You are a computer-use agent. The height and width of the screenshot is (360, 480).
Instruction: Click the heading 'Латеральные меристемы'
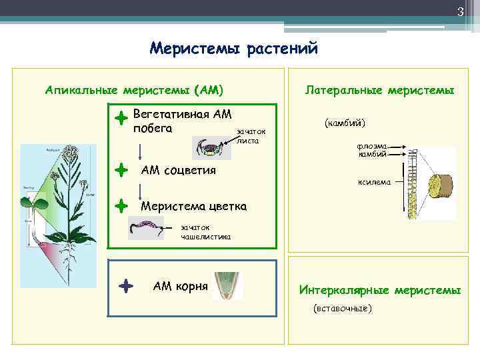(379, 89)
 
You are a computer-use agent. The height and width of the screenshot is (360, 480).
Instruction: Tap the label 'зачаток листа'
(251, 136)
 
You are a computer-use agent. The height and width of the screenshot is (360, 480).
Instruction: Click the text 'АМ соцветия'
(178, 170)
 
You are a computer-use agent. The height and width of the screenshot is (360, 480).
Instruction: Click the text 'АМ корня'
(180, 287)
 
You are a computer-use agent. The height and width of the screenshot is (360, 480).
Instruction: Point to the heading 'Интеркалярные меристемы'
(379, 291)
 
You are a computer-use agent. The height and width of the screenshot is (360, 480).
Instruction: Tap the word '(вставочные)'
(343, 309)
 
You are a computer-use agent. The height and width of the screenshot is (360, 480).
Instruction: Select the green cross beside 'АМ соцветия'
(121, 170)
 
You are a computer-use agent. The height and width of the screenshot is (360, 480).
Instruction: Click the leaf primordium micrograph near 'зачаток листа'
(211, 147)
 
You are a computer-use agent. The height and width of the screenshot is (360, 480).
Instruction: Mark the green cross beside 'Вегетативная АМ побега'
(121, 119)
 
